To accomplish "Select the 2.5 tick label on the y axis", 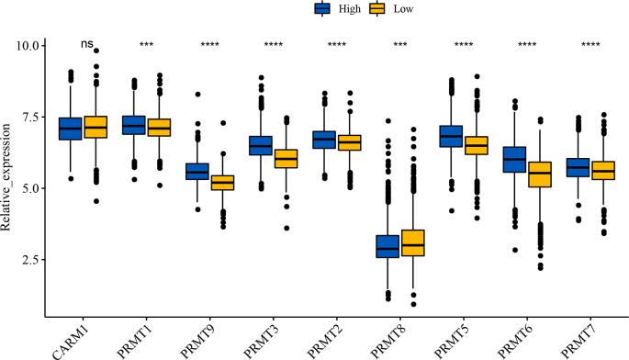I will click(28, 260).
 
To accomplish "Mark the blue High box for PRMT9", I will click(197, 172).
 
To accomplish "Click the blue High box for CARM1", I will click(71, 128).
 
